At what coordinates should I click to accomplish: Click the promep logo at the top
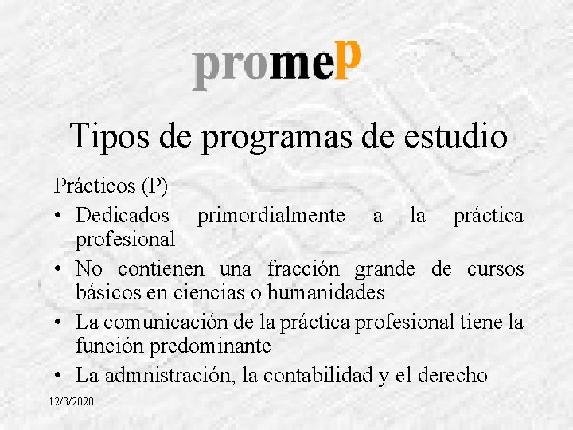[278, 63]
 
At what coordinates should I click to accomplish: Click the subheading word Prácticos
[95, 186]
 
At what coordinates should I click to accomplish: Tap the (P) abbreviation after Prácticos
[154, 186]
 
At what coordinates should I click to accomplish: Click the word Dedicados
[123, 215]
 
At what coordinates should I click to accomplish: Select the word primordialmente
[271, 215]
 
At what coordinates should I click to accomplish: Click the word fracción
[306, 268]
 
